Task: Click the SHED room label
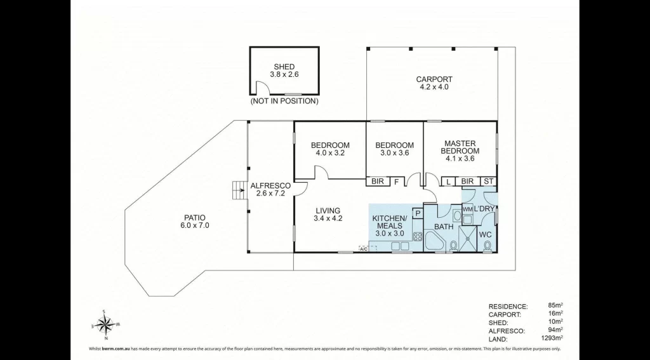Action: point(284,67)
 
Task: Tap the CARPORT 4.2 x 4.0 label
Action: point(434,83)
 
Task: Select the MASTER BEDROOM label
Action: point(460,147)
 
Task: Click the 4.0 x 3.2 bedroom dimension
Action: point(330,153)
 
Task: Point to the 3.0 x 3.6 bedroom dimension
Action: point(394,153)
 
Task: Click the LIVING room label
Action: point(328,211)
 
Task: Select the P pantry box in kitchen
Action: point(418,213)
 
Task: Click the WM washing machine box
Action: point(468,209)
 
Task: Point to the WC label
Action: point(486,235)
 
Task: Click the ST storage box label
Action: point(489,181)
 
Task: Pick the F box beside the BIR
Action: point(396,182)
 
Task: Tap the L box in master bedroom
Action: point(449,181)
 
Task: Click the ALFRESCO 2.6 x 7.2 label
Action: point(270,190)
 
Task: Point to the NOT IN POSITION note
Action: point(284,101)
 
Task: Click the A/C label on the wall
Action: point(363,249)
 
